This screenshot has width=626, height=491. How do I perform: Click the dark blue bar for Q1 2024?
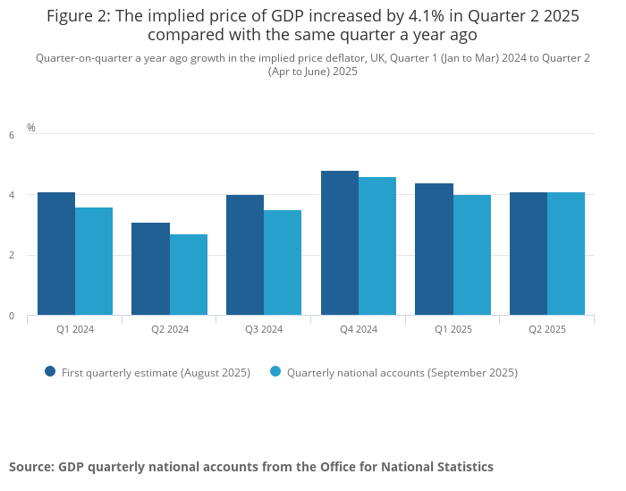coord(56,254)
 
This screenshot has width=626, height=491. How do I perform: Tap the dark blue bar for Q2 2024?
coord(150,269)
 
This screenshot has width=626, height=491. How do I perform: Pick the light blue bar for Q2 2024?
coord(189,275)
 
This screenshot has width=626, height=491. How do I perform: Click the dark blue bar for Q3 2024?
coord(245,255)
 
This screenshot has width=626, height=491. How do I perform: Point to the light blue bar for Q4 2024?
coord(377,246)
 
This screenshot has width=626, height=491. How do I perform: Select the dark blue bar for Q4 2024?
coord(340,243)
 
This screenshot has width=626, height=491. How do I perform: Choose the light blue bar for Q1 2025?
coord(472,255)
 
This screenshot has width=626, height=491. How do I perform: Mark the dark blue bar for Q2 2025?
coord(529,254)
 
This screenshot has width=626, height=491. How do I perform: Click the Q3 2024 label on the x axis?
coord(264,329)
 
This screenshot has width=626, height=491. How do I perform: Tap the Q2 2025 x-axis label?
coord(547,329)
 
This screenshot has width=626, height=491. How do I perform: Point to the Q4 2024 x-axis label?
coord(359,329)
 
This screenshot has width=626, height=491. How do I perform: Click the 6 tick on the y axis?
coord(12,135)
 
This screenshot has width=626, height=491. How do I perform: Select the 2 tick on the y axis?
coord(12,256)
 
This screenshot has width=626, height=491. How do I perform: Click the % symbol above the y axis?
coord(31,128)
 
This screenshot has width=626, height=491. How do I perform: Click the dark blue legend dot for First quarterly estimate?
coord(50,371)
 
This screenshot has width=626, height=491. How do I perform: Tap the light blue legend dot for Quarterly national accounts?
coord(275,371)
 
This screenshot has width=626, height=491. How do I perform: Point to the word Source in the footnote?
coord(30,467)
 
